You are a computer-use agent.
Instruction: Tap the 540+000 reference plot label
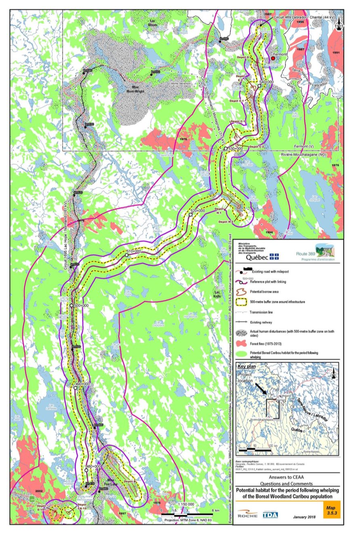266,82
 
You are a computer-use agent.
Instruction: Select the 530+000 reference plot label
236,149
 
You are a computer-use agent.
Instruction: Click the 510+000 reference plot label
134,251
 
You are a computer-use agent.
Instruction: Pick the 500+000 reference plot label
81,306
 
